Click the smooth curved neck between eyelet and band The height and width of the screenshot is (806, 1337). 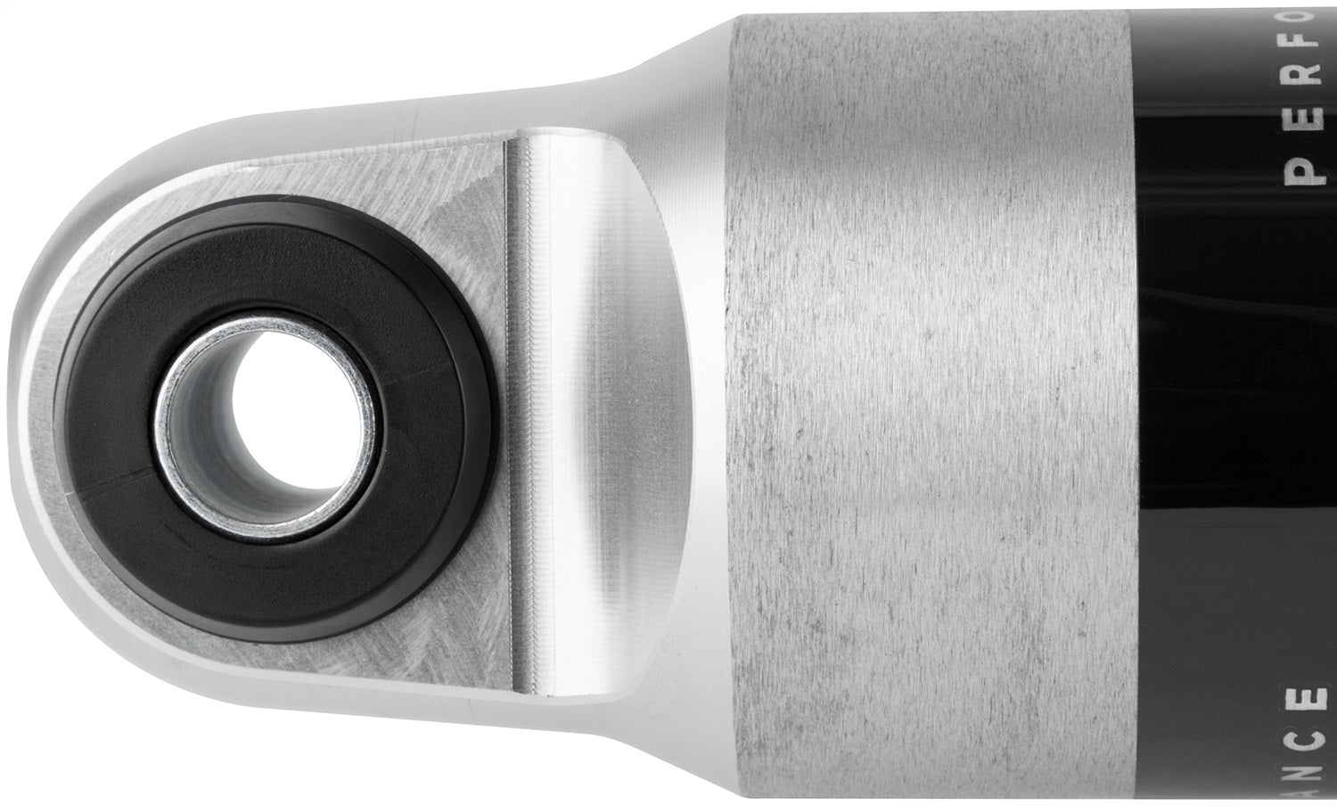tap(651, 401)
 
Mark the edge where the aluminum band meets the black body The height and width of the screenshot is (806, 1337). tap(1144, 401)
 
